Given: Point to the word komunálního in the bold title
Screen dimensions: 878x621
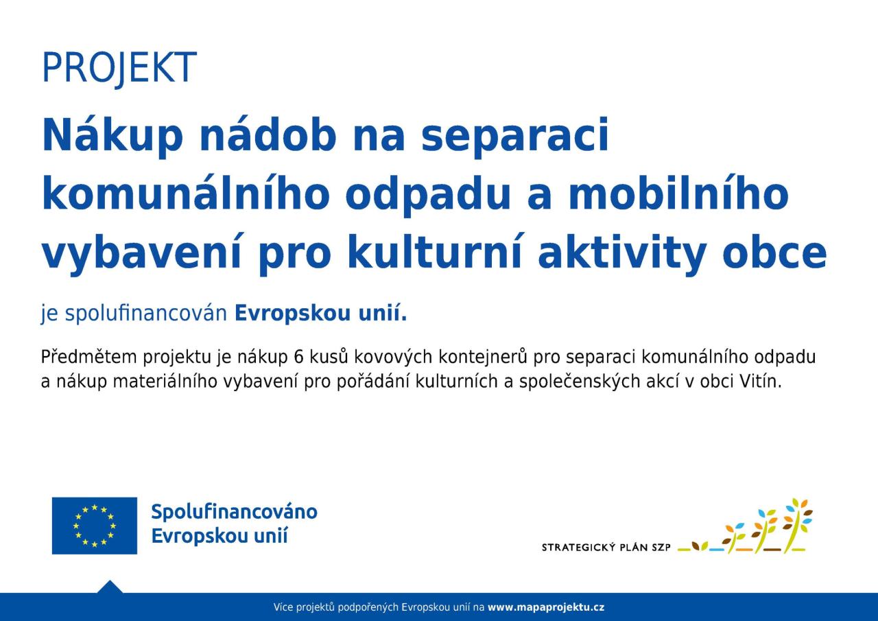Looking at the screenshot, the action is pos(185,195).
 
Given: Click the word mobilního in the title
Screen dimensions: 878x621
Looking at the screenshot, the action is pos(678,195).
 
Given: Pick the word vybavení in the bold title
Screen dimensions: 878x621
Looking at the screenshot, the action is pos(141,253).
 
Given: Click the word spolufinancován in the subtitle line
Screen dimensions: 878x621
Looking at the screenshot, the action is pos(146,314).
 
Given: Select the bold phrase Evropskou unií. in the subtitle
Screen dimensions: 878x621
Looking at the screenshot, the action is pos(320,313).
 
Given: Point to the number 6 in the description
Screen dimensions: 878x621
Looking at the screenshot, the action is pos(298,357).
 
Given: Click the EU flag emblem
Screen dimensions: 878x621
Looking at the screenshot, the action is pos(95,526).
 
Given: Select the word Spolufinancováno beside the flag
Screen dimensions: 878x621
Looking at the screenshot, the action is pos(235,512).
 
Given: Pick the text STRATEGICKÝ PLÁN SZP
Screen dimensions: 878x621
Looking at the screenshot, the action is pos(606,548).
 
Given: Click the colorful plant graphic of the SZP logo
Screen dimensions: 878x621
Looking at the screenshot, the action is pos(745,526).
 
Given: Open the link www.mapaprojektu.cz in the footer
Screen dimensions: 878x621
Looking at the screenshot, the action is pos(546,607).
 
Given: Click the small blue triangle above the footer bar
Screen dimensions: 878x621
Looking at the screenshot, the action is pos(110,587).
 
